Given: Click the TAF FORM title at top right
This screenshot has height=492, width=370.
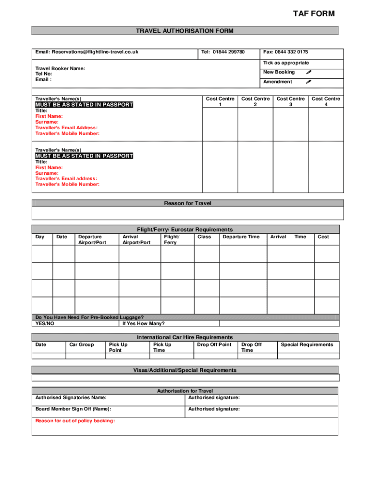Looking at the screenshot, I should point(313,14).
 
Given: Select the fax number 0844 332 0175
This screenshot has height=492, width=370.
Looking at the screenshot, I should point(285,52).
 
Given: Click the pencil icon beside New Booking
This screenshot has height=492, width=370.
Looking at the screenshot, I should point(309,72).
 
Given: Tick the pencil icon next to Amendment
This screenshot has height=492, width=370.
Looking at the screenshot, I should point(309,82).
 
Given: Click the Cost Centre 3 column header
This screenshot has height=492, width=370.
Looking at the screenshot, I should point(290,101).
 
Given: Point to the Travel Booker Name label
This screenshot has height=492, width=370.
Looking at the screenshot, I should point(60,69).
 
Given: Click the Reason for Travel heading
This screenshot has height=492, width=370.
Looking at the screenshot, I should point(187,203).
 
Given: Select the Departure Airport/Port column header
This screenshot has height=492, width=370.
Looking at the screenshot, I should point(92,240).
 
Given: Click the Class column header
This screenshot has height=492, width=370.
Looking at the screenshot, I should point(204,237).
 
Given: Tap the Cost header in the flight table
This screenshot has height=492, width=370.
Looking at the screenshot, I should point(323,237).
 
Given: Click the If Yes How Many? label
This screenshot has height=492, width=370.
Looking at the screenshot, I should point(144,323).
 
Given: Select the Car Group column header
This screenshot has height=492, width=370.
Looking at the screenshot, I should point(81,344).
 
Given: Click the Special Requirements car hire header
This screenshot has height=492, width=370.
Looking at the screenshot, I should point(307,344).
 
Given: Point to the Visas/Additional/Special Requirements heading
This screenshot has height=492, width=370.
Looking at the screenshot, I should point(185,370).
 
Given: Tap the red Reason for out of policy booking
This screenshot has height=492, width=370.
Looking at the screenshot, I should point(75,421).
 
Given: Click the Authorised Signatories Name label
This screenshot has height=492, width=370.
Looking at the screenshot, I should point(71,397).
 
